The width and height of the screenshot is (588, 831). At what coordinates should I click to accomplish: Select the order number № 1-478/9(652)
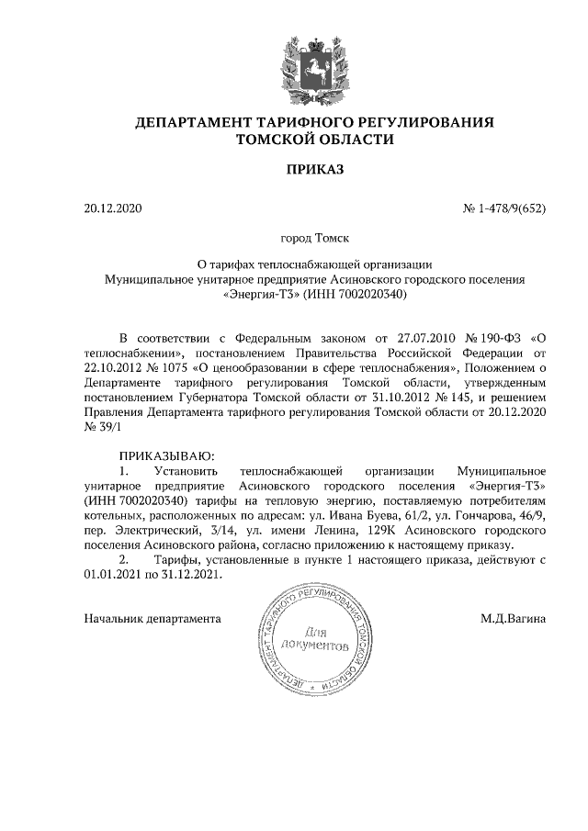point(504,208)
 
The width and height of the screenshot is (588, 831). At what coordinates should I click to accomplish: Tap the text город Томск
point(314,240)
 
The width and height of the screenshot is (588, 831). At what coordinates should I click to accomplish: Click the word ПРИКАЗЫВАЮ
point(165,456)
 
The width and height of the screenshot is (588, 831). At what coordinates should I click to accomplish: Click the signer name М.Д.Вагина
point(513,619)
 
